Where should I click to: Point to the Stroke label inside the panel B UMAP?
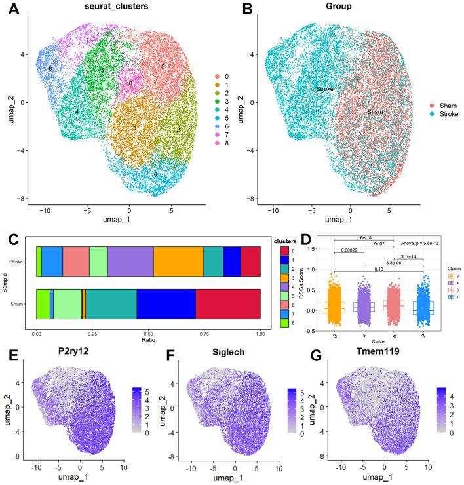click(x=325, y=88)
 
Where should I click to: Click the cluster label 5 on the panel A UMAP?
click(x=155, y=175)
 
